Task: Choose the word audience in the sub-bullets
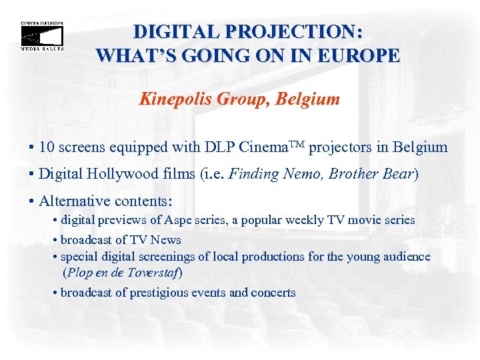click(404, 257)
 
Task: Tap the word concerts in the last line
click(272, 293)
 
